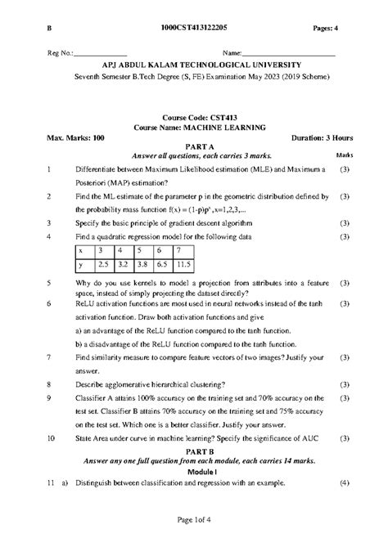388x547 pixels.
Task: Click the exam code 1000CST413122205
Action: (x=195, y=29)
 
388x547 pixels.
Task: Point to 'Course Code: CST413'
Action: (x=195, y=119)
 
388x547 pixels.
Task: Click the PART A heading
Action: (x=195, y=147)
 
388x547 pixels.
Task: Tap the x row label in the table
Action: (x=80, y=250)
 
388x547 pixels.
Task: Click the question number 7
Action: (x=50, y=358)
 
